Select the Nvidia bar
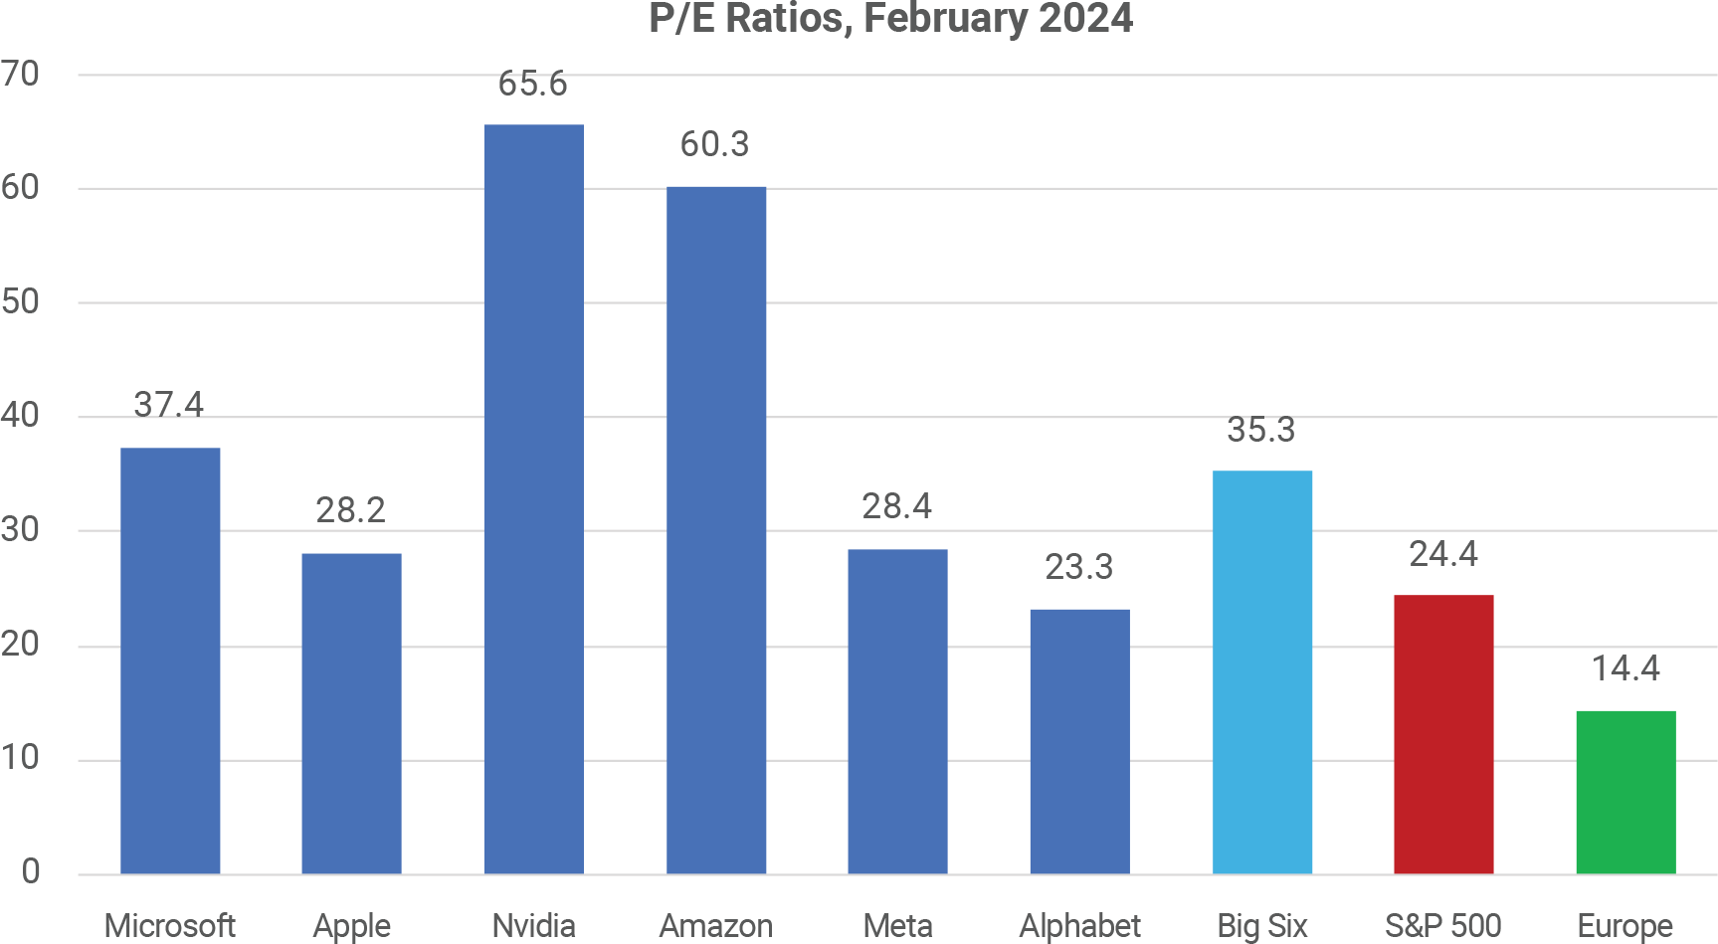coord(533,497)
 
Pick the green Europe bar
coord(1625,792)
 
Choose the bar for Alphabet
coord(1079,741)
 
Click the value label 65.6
coord(533,85)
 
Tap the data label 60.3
coord(714,145)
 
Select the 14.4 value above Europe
coord(1625,668)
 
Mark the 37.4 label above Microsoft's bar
coord(169,405)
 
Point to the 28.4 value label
coord(896,507)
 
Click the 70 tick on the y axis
coord(21,74)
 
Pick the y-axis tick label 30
coord(21,530)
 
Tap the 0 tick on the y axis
coord(31,872)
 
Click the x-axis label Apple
coord(351,926)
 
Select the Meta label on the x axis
coord(897,926)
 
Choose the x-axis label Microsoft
coord(169,926)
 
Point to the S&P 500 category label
coord(1442,926)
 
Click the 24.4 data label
coord(1443,554)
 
